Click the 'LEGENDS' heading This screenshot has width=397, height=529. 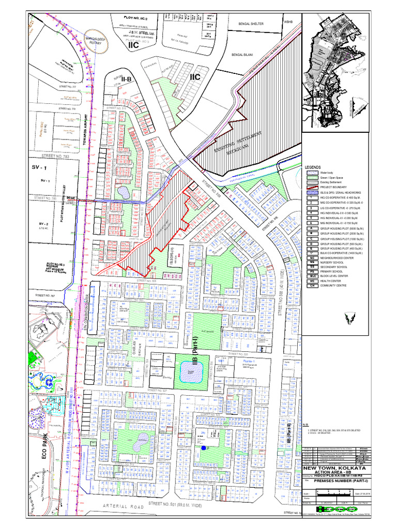click(313, 167)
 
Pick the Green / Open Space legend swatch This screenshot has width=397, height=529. click(312, 178)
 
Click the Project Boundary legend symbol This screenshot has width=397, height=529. click(312, 188)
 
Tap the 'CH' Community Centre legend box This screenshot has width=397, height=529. click(312, 286)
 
